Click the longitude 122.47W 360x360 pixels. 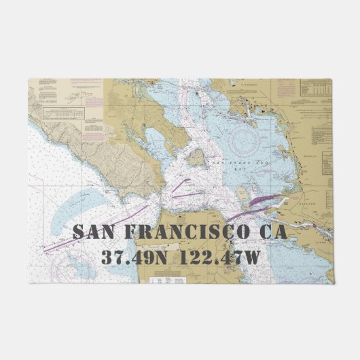[x=223, y=258]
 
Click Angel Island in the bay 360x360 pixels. [x=196, y=158]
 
